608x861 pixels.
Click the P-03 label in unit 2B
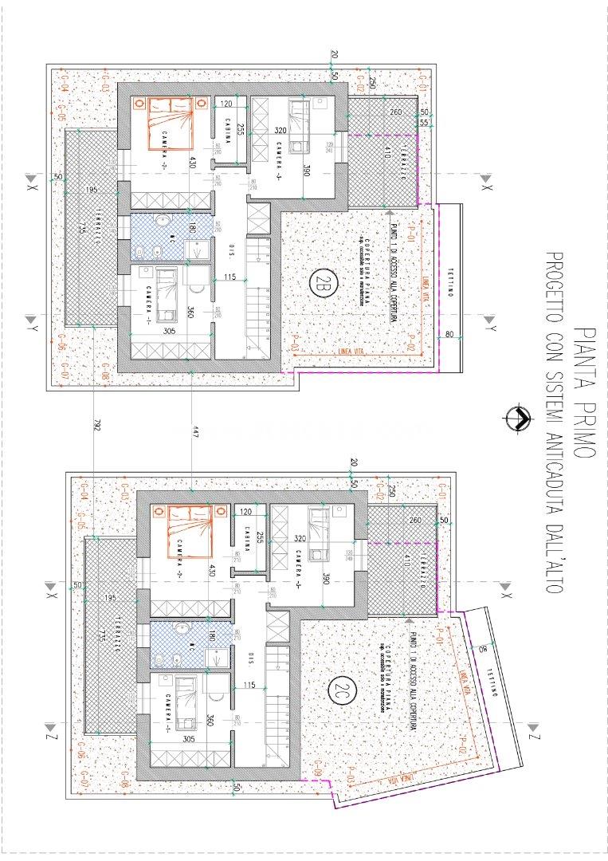[295, 348]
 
